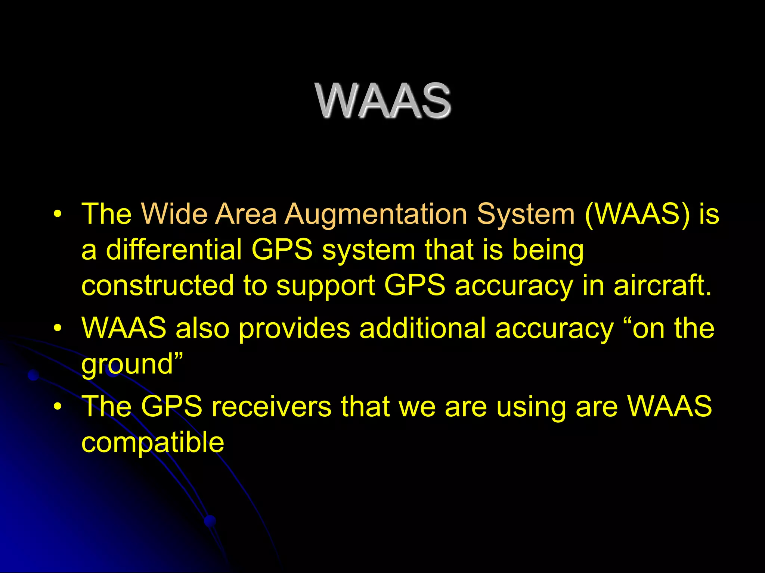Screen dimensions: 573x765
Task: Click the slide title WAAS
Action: (382, 101)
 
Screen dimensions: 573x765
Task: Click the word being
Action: (548, 251)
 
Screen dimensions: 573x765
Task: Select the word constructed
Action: (157, 285)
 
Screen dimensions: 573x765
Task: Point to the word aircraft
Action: (662, 285)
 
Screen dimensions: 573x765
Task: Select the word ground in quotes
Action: (127, 365)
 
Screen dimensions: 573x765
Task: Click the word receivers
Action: (272, 406)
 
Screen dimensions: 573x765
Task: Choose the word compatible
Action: (152, 442)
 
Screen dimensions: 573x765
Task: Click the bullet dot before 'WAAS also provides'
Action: (57, 328)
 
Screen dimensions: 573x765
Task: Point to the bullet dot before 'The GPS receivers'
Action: (57, 407)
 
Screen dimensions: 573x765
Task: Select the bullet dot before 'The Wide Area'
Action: (57, 215)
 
